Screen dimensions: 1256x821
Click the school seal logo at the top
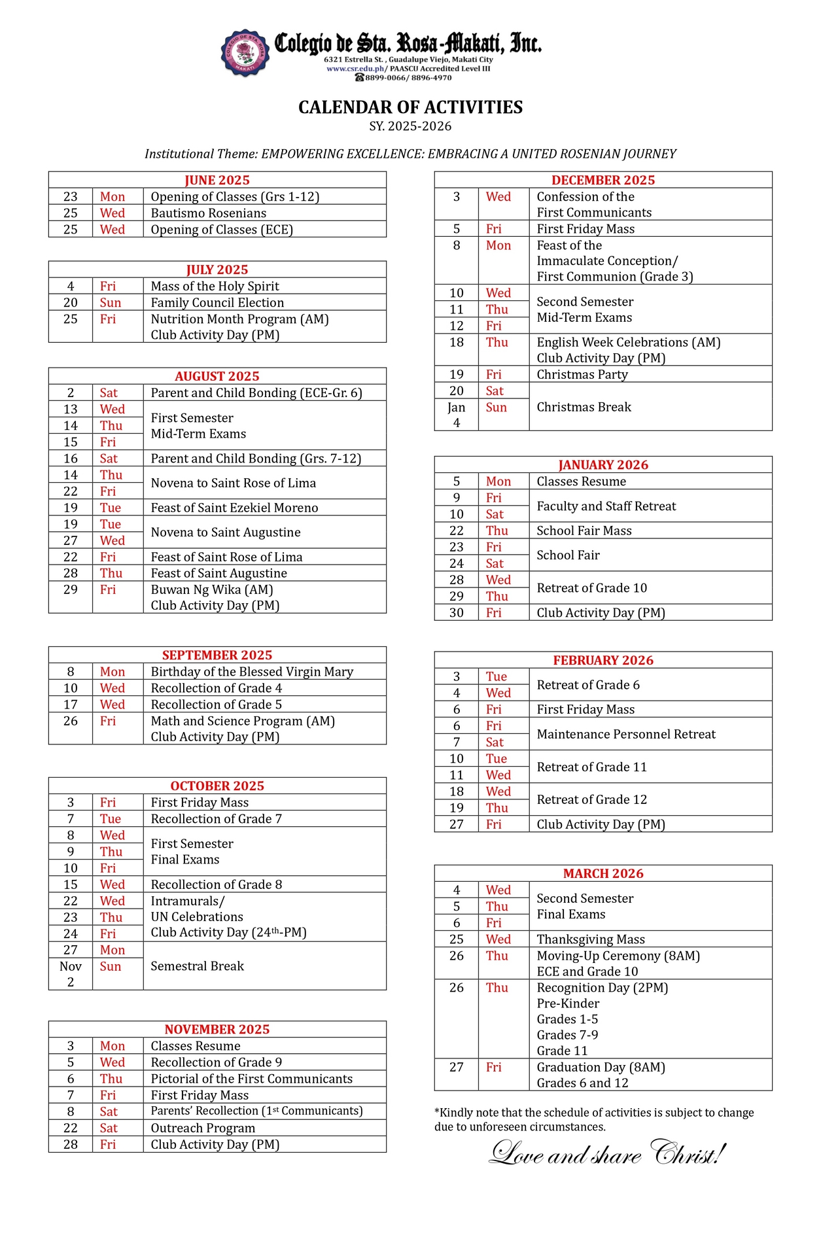point(245,52)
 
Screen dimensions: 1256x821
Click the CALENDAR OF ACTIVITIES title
point(410,107)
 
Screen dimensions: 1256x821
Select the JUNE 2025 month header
point(217,180)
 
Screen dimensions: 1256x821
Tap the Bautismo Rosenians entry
point(209,213)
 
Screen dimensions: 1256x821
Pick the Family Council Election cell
point(217,303)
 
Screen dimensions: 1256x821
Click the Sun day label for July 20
point(111,303)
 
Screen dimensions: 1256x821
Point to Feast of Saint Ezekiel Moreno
point(234,508)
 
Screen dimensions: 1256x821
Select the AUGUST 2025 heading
point(217,376)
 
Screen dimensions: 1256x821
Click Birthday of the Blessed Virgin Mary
point(252,672)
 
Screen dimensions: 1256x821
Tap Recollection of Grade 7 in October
point(216,819)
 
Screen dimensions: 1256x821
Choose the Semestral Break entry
point(197,966)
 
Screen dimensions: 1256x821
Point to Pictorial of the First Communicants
point(251,1079)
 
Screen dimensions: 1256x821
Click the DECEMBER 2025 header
point(603,180)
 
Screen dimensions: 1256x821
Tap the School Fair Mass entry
point(584,531)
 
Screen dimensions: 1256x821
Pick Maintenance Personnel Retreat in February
point(626,734)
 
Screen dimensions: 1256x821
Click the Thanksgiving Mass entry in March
point(591,939)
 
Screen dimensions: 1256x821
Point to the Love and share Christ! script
point(608,1154)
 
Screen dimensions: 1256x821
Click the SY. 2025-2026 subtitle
point(410,126)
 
